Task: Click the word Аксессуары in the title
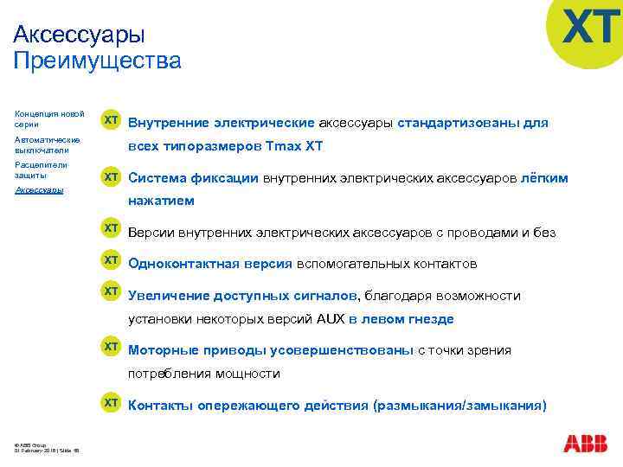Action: [x=80, y=34]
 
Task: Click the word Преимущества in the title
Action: [x=98, y=61]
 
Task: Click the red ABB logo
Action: [x=585, y=444]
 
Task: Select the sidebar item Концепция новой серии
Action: [x=49, y=118]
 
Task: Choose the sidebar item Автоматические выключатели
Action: [x=48, y=144]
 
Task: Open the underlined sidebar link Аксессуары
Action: [x=39, y=189]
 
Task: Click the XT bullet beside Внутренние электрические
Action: [x=112, y=121]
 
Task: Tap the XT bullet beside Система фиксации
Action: [x=112, y=176]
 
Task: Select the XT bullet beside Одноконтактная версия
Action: [x=112, y=260]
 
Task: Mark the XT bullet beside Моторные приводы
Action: [x=112, y=347]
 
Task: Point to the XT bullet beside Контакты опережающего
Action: [x=112, y=403]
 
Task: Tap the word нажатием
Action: [x=161, y=201]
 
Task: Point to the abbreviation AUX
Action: [x=330, y=319]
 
